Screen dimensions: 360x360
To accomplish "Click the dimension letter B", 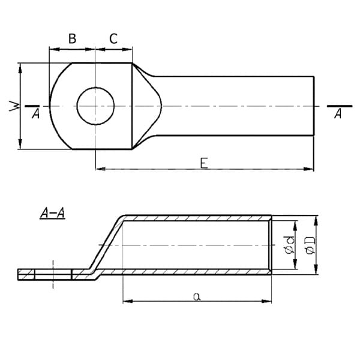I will point(72,39).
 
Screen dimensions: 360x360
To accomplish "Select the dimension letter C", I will point(113,39).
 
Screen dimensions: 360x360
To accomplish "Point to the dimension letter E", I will point(204,163).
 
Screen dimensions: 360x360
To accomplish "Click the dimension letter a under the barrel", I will point(197,295).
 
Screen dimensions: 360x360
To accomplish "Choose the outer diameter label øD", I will point(309,245).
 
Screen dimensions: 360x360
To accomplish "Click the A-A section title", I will point(52,212).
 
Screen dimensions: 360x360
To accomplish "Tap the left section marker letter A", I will point(35,114).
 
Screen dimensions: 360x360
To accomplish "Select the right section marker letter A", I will point(338,114).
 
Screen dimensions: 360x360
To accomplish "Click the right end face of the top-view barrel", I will point(313,106).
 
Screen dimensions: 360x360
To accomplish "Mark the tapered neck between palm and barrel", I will point(147,106).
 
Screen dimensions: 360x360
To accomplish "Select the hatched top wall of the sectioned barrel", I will point(198,217).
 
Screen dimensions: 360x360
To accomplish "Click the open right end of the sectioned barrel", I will point(271,245).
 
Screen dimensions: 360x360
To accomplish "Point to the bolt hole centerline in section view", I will point(53,274).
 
